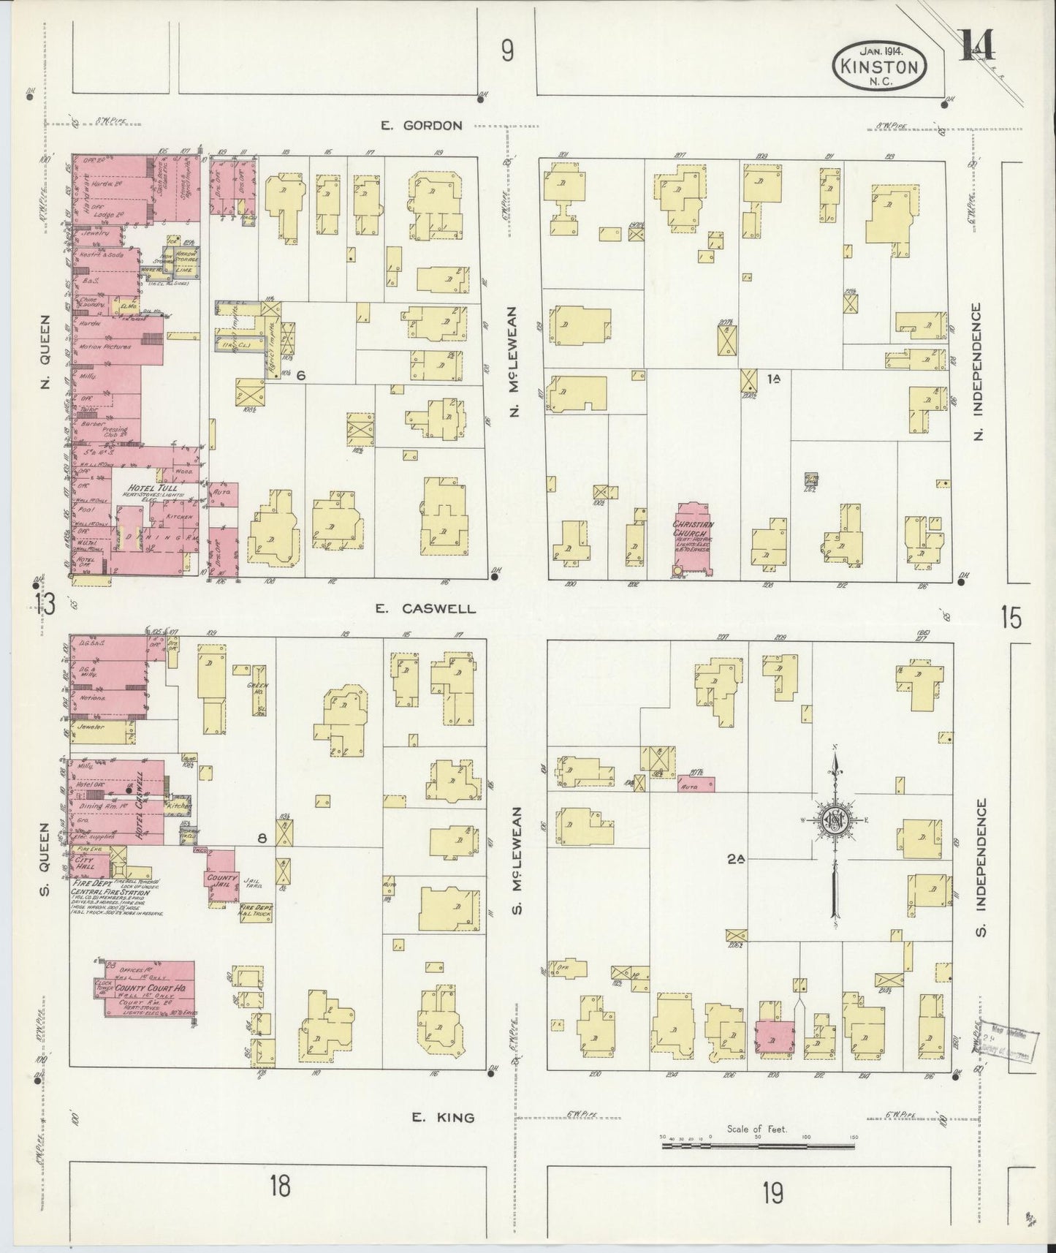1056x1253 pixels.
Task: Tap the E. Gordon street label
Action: coord(422,126)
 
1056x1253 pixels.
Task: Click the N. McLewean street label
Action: coord(514,362)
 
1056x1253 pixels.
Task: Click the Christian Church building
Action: coord(694,538)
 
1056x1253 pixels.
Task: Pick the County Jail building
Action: coord(220,877)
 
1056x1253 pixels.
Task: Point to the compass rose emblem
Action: coord(834,819)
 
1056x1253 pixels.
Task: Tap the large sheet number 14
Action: coord(976,49)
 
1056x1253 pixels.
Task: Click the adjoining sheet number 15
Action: coord(1011,618)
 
